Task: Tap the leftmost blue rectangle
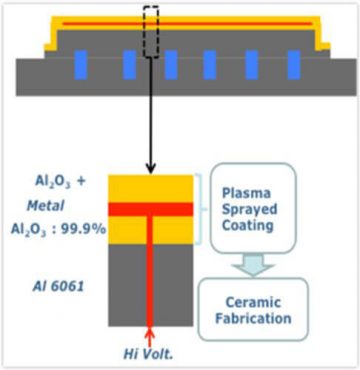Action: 80,65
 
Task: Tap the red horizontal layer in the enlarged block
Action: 150,208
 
